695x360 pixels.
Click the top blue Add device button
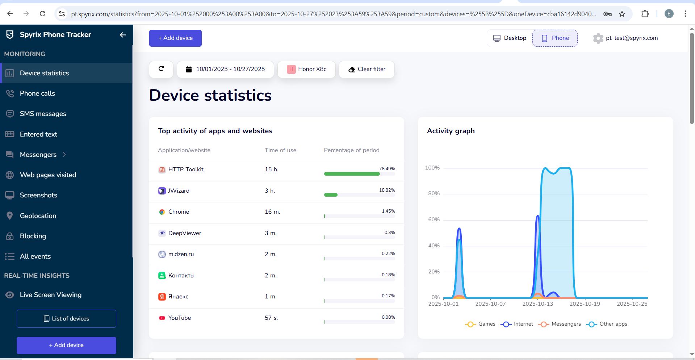pos(175,38)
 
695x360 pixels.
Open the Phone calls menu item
pos(37,93)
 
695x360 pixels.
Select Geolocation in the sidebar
pos(38,216)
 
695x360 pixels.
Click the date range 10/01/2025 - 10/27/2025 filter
pos(225,69)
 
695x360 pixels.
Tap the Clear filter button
pos(367,69)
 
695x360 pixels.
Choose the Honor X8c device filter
pos(306,69)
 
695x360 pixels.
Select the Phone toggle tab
pos(555,38)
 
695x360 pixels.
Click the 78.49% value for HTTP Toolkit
pos(387,169)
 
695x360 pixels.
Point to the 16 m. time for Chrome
pos(272,212)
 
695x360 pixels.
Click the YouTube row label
pos(179,318)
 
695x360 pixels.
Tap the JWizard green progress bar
pos(331,195)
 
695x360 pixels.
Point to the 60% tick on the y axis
pos(434,219)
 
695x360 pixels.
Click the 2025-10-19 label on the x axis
pos(585,304)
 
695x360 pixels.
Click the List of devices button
pos(66,319)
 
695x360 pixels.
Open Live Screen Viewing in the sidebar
pos(50,295)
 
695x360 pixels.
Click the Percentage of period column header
pos(351,150)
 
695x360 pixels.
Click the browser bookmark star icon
pos(622,14)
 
